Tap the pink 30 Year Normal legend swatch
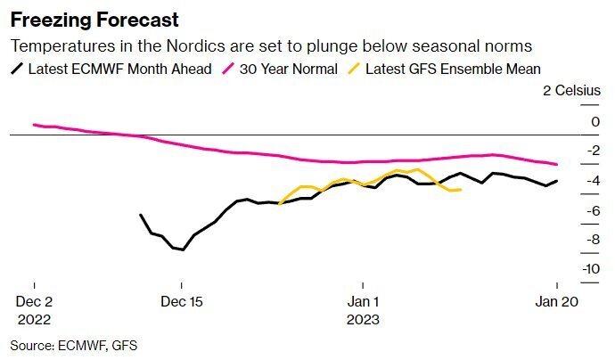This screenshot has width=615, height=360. coord(229,69)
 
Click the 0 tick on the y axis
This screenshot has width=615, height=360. coord(570,121)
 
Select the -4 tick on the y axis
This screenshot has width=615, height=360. coord(568,181)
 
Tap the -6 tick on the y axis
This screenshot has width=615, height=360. coord(568,210)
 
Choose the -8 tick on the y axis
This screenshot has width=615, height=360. coord(568,240)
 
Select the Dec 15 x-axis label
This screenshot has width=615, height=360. coord(181,301)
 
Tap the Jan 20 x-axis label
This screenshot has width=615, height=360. coord(557,301)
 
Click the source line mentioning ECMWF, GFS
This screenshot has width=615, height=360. coord(74,344)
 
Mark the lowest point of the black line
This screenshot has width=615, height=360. coord(183,250)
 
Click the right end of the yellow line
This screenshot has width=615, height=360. coord(461,189)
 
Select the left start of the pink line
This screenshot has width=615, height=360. coord(34,125)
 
